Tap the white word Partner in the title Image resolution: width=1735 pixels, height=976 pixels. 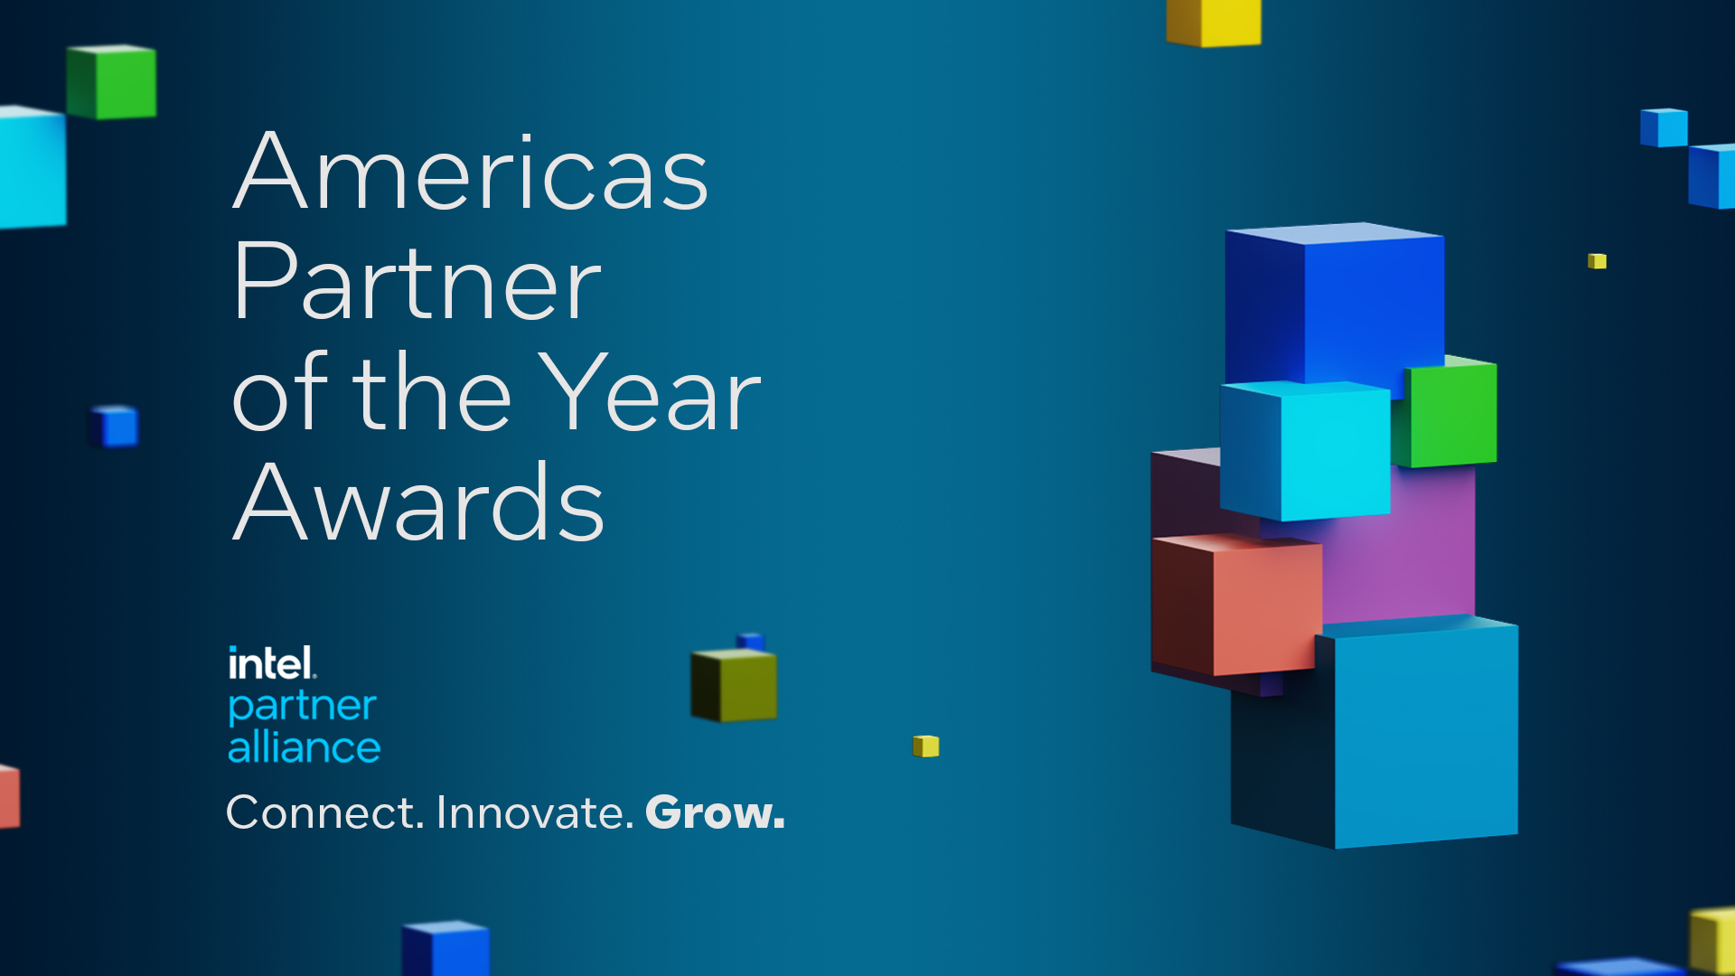(416, 282)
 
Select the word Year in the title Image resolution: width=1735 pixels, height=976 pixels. (654, 393)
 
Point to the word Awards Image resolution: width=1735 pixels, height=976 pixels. (418, 503)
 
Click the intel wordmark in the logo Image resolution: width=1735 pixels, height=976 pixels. (271, 664)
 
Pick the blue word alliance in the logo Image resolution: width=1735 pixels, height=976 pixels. (304, 748)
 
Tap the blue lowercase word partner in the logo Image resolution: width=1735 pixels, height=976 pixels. (302, 707)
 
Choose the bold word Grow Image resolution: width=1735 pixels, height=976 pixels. (715, 812)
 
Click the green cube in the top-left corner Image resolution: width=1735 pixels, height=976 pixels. (112, 81)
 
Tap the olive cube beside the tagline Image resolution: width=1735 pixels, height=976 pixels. (734, 685)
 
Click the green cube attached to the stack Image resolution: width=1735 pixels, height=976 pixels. (1449, 414)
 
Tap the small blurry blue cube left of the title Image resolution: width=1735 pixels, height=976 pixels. (115, 427)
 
